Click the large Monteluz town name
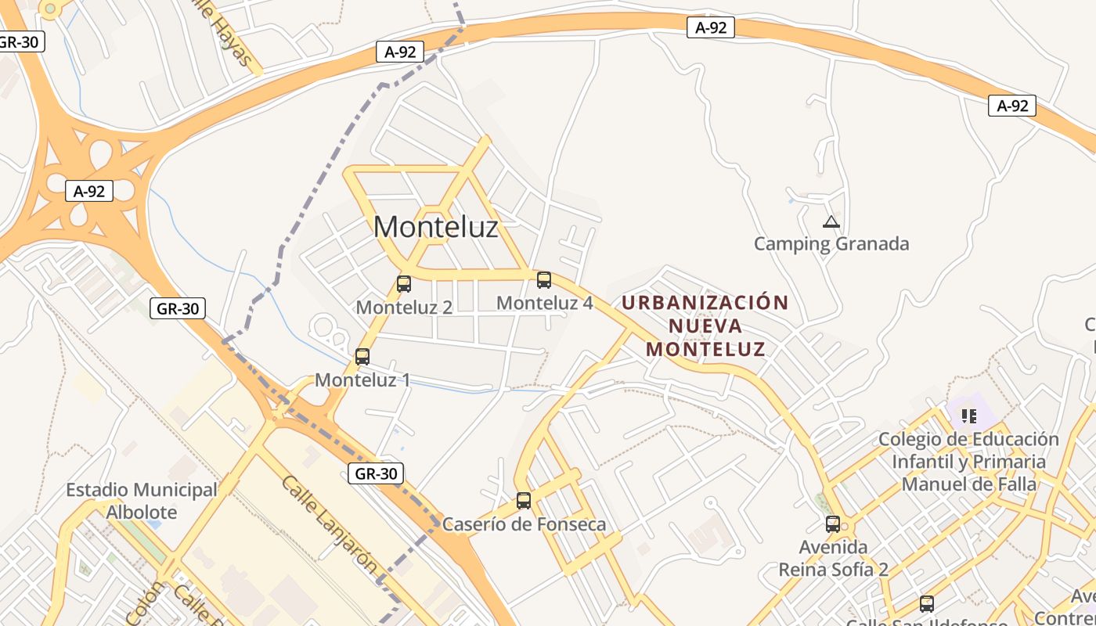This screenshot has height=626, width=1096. (435, 227)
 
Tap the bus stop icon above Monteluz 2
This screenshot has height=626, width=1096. (404, 284)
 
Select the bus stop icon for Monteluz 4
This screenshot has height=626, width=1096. (544, 279)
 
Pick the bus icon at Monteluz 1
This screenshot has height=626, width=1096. (362, 357)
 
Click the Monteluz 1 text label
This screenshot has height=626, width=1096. (362, 380)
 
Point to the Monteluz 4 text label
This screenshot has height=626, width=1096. (544, 303)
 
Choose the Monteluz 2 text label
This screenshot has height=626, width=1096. (404, 308)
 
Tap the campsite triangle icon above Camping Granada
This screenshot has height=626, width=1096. (831, 222)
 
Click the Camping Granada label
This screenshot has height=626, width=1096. (831, 244)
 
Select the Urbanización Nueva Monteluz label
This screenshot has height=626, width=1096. (705, 326)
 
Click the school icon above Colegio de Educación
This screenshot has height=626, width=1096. (969, 416)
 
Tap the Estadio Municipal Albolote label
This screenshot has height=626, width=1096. (142, 501)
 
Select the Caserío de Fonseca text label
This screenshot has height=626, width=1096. (524, 524)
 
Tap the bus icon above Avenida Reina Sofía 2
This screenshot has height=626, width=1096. (833, 524)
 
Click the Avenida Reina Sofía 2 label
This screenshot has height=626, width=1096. (833, 558)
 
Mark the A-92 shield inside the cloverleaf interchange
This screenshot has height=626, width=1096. (89, 191)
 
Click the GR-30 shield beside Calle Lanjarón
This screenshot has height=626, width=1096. (377, 473)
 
